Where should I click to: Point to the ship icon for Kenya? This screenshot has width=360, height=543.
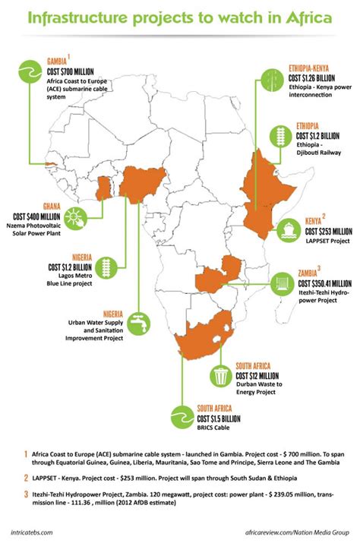click(290, 228)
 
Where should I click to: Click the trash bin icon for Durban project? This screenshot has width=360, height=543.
click(221, 375)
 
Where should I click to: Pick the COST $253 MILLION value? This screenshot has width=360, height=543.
click(329, 231)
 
